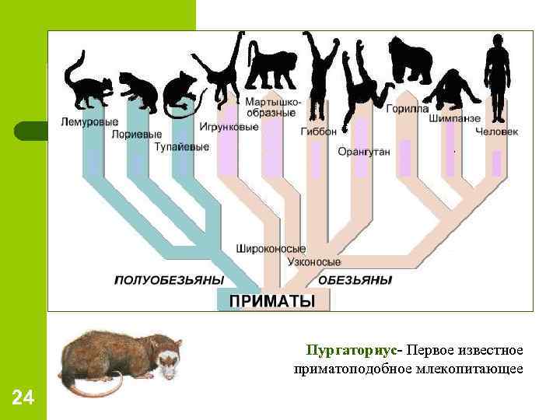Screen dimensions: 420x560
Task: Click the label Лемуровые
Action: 90,121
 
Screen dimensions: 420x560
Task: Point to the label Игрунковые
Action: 229,127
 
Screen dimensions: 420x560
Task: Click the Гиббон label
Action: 318,131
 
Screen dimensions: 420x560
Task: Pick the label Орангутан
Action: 363,152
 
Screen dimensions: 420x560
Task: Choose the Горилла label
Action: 407,109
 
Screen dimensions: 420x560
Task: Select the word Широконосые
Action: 270,249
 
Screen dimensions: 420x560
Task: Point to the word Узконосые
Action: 313,262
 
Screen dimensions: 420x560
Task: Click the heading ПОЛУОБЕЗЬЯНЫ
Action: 169,279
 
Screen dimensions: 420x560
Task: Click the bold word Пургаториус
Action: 353,349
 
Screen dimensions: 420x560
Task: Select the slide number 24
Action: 23,399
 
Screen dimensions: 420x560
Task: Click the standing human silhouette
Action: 496,74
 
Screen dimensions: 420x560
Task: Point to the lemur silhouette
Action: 86,82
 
